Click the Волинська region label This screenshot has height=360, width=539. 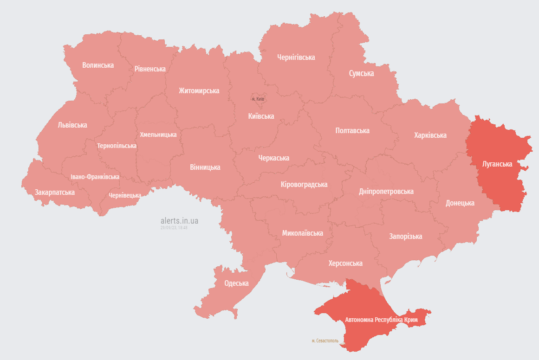pyautogui.click(x=98, y=65)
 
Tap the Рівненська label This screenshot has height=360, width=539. pyautogui.click(x=150, y=69)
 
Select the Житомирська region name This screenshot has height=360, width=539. pyautogui.click(x=199, y=90)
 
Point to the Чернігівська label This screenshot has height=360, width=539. pyautogui.click(x=296, y=58)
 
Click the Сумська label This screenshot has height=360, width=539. pyautogui.click(x=361, y=73)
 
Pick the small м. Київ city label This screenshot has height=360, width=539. pyautogui.click(x=258, y=99)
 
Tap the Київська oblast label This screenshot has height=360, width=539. pyautogui.click(x=261, y=116)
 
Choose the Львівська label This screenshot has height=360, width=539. pyautogui.click(x=72, y=125)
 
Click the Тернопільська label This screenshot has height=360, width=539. pyautogui.click(x=117, y=146)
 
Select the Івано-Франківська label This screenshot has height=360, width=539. pyautogui.click(x=95, y=177)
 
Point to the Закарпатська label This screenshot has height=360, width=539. pyautogui.click(x=55, y=192)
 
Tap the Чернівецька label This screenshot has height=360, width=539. pyautogui.click(x=125, y=195)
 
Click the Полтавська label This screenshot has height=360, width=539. pyautogui.click(x=352, y=130)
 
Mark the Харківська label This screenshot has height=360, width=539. pyautogui.click(x=430, y=135)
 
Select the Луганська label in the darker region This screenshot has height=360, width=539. pyautogui.click(x=497, y=164)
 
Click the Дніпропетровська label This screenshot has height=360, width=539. pyautogui.click(x=386, y=191)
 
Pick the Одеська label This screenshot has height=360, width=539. pyautogui.click(x=236, y=283)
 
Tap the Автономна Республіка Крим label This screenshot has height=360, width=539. pyautogui.click(x=381, y=320)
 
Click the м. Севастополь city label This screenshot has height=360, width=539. pyautogui.click(x=325, y=341)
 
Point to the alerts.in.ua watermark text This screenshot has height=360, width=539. pyautogui.click(x=179, y=221)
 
